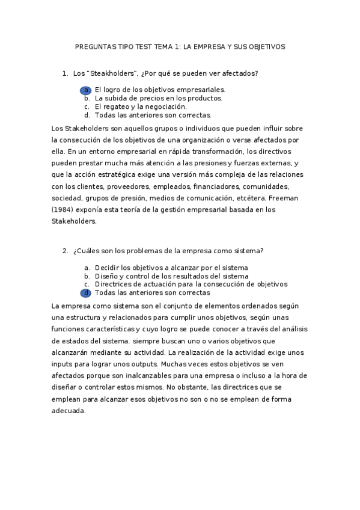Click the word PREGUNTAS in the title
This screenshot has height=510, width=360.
coord(93,46)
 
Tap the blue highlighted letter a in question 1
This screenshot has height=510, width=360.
coord(87,89)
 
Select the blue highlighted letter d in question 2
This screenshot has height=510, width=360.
coord(87,293)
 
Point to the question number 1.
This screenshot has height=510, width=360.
coord(65,73)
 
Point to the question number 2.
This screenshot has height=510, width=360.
coord(65,250)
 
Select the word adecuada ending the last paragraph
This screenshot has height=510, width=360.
coord(69,411)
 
